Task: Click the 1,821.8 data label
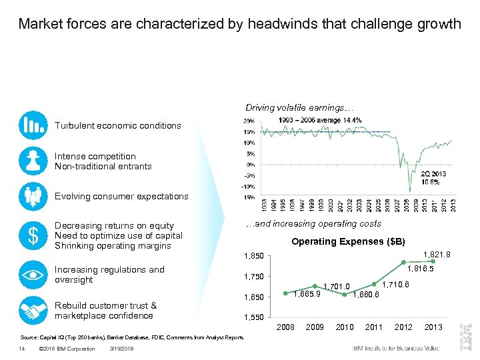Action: point(437,254)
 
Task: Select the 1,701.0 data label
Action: point(337,287)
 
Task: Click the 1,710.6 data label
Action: point(396,285)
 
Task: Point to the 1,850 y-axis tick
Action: point(254,255)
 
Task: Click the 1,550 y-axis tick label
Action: point(254,317)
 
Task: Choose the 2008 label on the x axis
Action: point(285,327)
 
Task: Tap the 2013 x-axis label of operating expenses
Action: point(433,327)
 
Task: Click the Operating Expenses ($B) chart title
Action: point(348,241)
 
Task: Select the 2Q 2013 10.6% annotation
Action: point(433,177)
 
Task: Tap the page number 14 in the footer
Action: point(22,349)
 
